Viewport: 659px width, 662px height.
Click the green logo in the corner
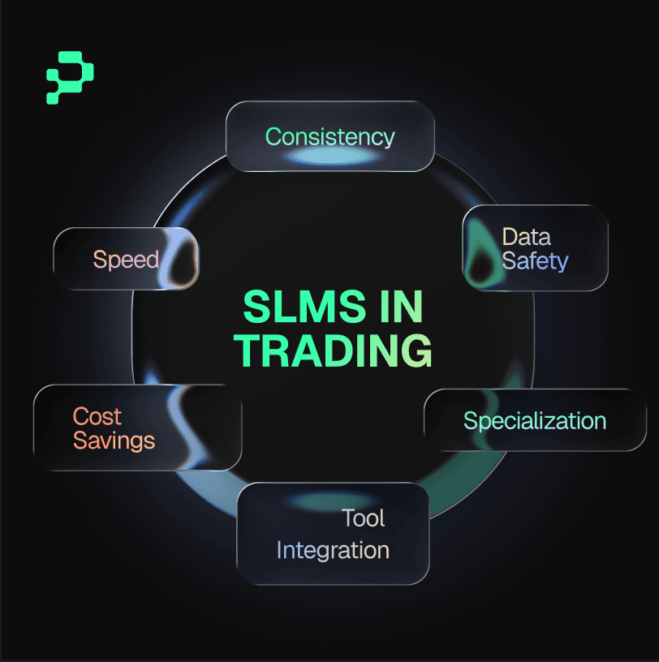coord(70,78)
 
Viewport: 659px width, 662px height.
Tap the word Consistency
coord(329,136)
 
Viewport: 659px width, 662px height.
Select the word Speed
coord(125,260)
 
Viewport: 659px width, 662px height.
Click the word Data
coord(526,237)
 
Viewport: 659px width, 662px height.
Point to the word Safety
coord(535,261)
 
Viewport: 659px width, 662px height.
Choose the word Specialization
coord(534,421)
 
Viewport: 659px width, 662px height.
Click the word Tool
coord(363,518)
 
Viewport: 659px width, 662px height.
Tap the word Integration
coord(333,550)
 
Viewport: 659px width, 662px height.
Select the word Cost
coord(97,416)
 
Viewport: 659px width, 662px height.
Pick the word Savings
coord(114,441)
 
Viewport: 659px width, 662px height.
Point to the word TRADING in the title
coord(333,350)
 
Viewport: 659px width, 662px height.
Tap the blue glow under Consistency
coord(329,156)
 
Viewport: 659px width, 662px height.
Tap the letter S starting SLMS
coord(256,307)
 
